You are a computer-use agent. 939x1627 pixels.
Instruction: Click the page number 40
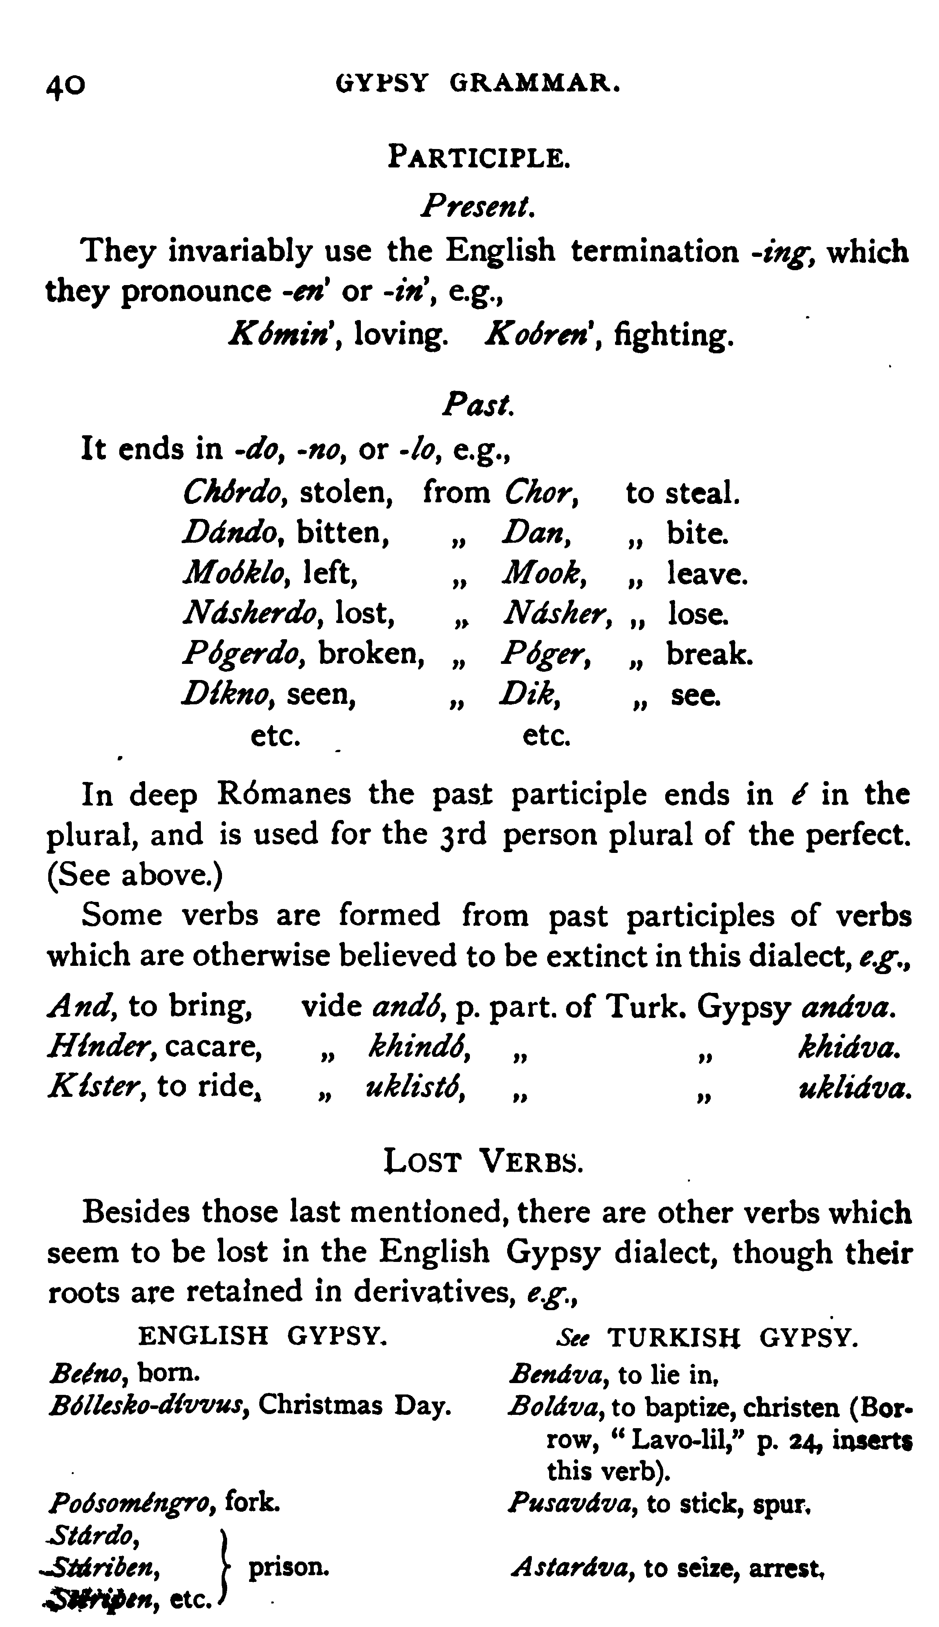coord(64,84)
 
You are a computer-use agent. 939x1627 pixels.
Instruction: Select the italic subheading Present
coord(477,206)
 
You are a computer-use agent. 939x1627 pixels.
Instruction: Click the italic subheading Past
coord(478,405)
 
